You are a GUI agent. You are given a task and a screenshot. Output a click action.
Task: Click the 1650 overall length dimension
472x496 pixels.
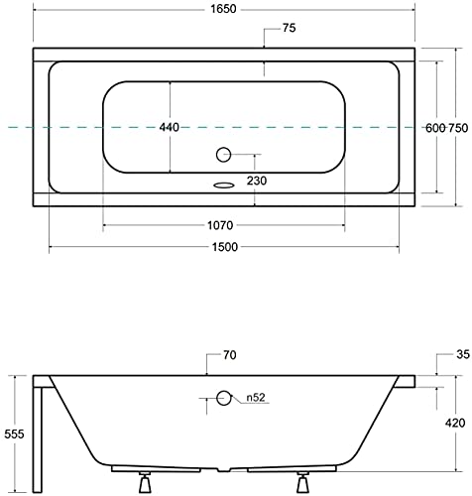224,9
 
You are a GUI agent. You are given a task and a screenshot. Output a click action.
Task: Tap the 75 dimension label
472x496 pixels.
289,28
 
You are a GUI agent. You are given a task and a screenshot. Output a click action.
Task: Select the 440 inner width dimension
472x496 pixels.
170,127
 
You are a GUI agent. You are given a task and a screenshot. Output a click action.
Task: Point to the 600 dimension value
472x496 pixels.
435,128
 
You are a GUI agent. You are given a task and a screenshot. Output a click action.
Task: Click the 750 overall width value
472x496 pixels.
458,128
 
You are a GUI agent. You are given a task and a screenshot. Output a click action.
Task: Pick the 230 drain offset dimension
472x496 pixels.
257,181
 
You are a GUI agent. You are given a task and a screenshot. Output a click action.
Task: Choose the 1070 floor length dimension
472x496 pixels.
220,225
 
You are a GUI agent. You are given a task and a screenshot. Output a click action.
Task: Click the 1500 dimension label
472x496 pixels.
225,247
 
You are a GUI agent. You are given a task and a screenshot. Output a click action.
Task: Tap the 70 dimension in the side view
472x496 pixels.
230,355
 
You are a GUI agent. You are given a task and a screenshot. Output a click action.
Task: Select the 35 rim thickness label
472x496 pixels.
463,354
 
